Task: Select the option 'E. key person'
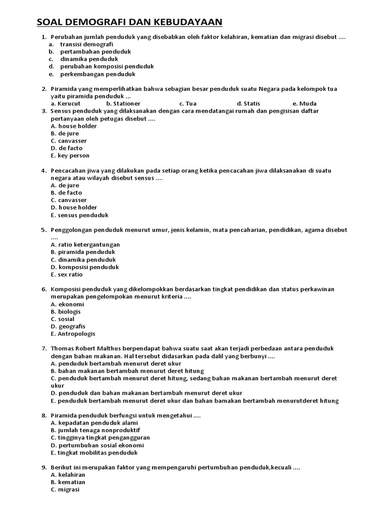tap(70, 156)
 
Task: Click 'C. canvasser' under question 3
tap(69, 141)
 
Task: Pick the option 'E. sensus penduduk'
tap(80, 215)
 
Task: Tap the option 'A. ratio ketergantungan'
tap(85, 245)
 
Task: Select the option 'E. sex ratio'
tap(67, 275)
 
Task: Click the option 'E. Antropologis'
tap(73, 334)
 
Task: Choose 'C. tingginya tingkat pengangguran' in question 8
tap(101, 438)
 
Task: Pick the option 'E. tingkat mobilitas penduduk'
tap(94, 453)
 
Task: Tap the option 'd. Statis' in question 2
tap(248, 104)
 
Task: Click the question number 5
tap(43, 230)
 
